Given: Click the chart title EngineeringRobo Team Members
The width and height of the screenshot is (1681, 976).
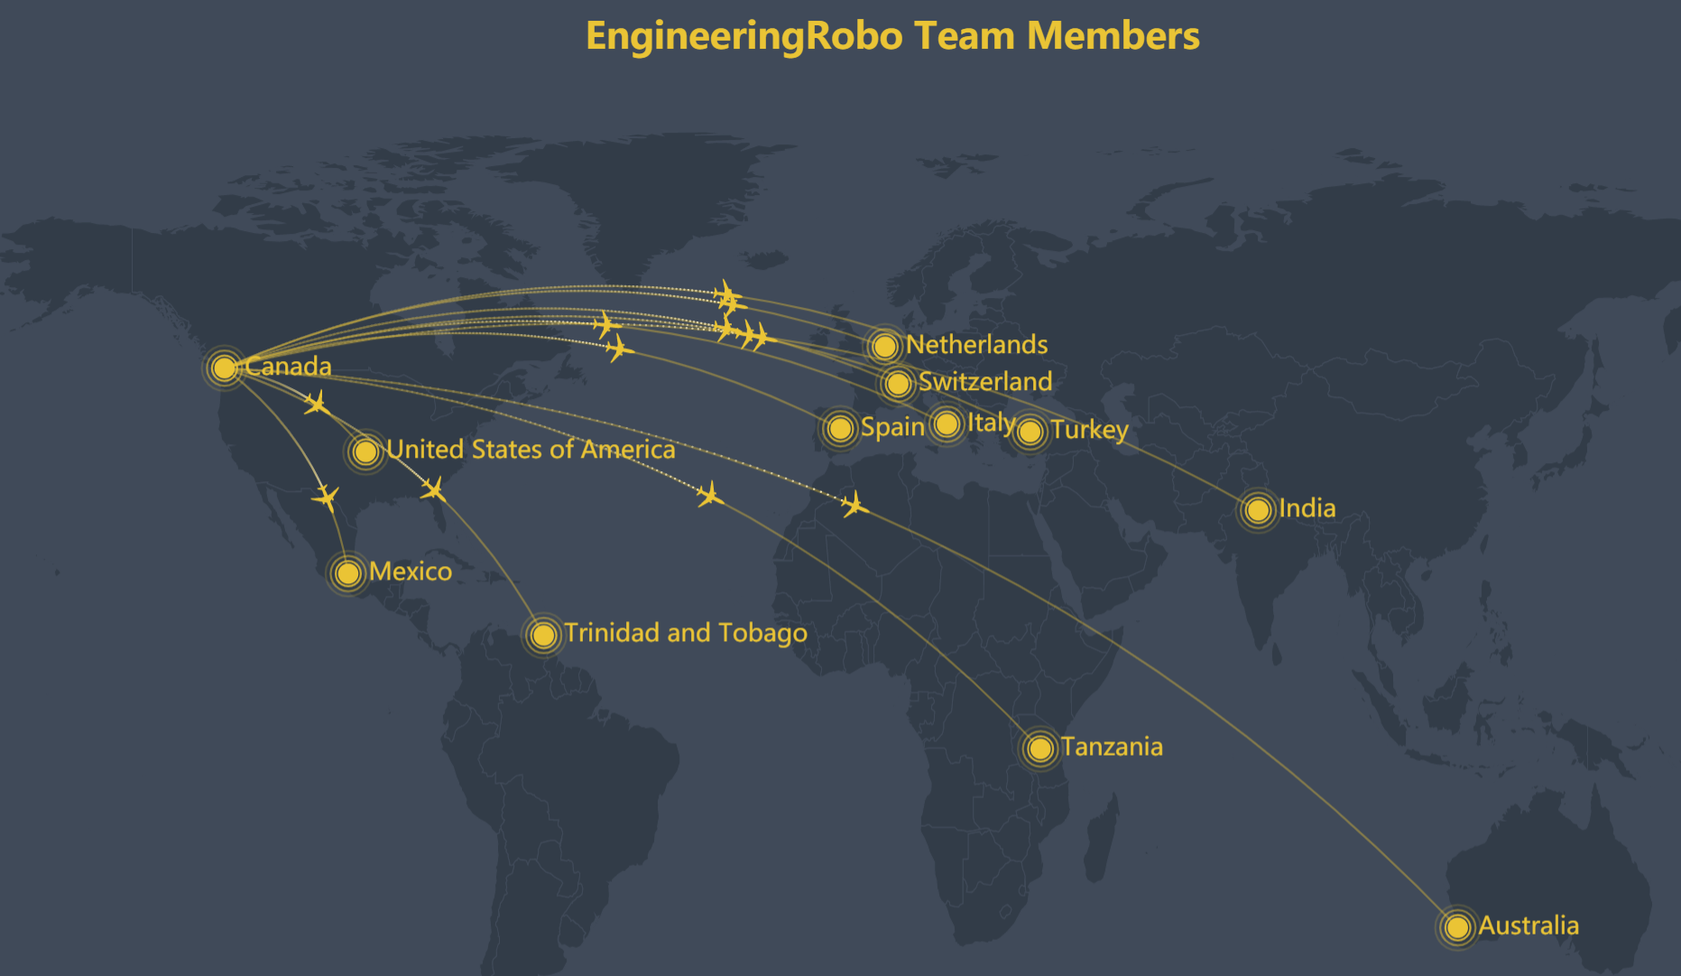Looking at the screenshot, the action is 892,36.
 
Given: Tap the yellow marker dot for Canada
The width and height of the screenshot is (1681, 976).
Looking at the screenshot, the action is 224,367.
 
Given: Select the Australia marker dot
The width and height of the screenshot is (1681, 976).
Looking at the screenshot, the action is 1456,927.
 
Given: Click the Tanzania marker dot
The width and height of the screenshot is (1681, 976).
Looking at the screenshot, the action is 1039,748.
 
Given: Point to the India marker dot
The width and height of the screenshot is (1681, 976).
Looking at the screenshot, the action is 1258,510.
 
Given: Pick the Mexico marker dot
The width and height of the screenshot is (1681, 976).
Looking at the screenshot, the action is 347,572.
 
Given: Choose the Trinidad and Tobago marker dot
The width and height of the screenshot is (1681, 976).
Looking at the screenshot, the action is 543,635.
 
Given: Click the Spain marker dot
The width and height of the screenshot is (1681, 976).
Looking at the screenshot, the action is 840,428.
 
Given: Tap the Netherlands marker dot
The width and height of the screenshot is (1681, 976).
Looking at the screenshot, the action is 884,346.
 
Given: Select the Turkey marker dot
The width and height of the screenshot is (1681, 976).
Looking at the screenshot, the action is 1030,432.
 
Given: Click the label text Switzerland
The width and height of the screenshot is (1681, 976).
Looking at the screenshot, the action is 985,382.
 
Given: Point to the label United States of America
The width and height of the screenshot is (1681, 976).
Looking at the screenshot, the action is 531,450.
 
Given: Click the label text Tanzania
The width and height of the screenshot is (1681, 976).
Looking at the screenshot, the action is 1112,748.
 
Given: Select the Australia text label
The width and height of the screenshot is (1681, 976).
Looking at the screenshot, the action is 1529,926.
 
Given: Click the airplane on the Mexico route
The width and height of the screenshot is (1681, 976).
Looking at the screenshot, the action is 326,497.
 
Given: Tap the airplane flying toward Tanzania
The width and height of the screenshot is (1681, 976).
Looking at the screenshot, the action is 710,494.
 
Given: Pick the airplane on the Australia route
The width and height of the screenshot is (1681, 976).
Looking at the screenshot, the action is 854,505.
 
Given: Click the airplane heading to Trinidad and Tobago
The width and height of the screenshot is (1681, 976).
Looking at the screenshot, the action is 433,489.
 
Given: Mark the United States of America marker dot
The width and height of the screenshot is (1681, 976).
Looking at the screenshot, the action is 365,451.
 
